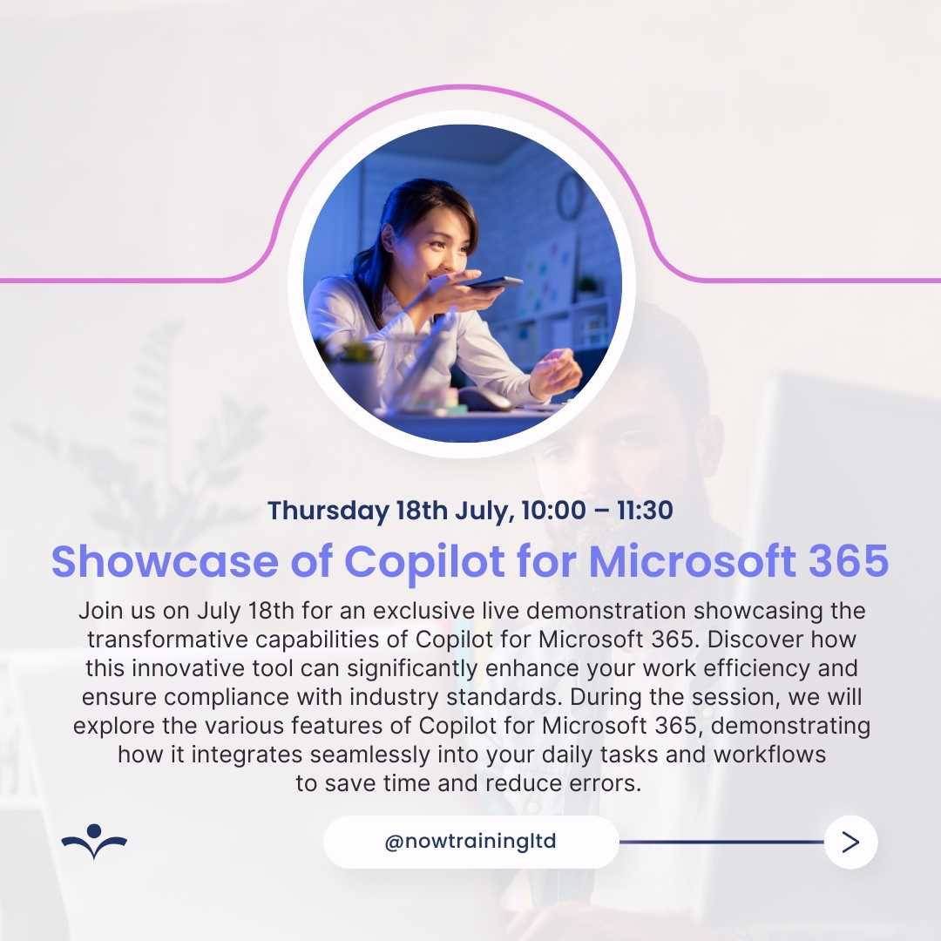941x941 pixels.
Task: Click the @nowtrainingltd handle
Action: coord(470,842)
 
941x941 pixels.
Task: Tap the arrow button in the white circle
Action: coord(850,842)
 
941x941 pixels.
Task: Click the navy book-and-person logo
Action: coord(94,842)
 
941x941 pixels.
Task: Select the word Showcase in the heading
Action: coord(165,561)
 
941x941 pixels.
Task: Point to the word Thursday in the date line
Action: coord(328,511)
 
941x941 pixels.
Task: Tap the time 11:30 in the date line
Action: coord(645,510)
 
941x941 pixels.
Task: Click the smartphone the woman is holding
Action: coord(492,282)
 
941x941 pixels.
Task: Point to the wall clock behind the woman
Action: coord(570,196)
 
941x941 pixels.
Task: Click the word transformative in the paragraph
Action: coord(167,640)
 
